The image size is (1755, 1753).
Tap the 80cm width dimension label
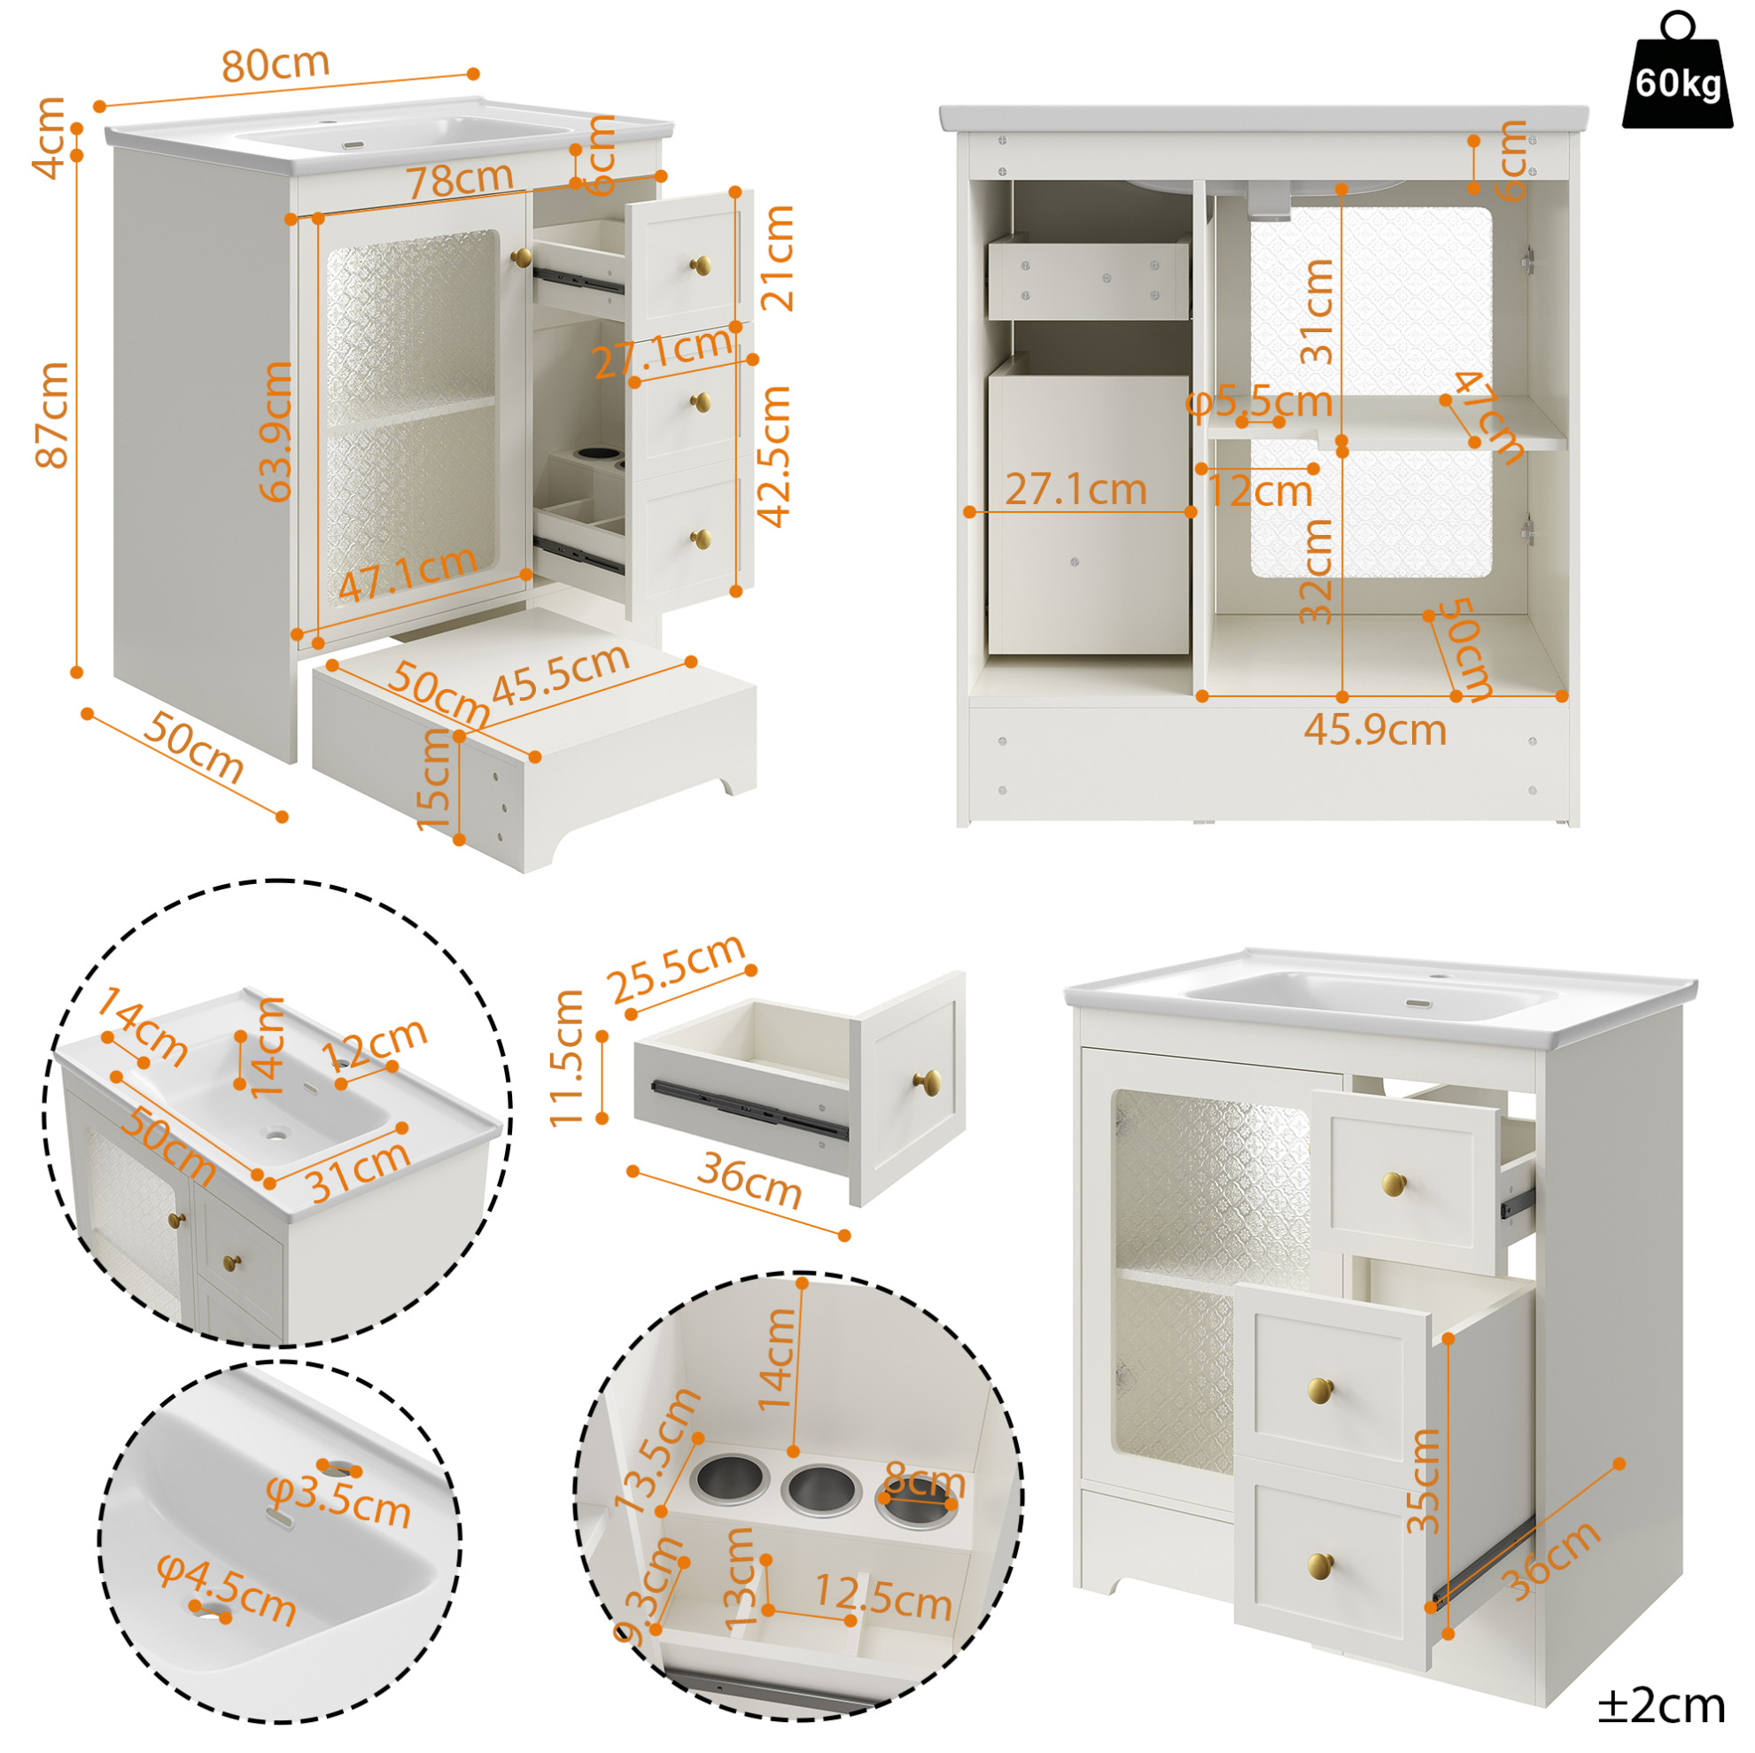click(x=276, y=64)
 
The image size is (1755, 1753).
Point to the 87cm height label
click(x=52, y=415)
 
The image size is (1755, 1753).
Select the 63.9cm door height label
click(x=276, y=430)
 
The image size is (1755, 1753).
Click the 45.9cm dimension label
click(x=1374, y=729)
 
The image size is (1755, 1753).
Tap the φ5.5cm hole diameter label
click(x=1259, y=400)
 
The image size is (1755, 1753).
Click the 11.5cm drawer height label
click(x=566, y=1059)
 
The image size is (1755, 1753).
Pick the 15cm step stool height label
click(x=434, y=779)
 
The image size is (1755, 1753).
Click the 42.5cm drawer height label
click(x=775, y=456)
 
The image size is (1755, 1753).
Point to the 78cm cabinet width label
click(x=460, y=179)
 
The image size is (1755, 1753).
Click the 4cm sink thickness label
click(x=49, y=137)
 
